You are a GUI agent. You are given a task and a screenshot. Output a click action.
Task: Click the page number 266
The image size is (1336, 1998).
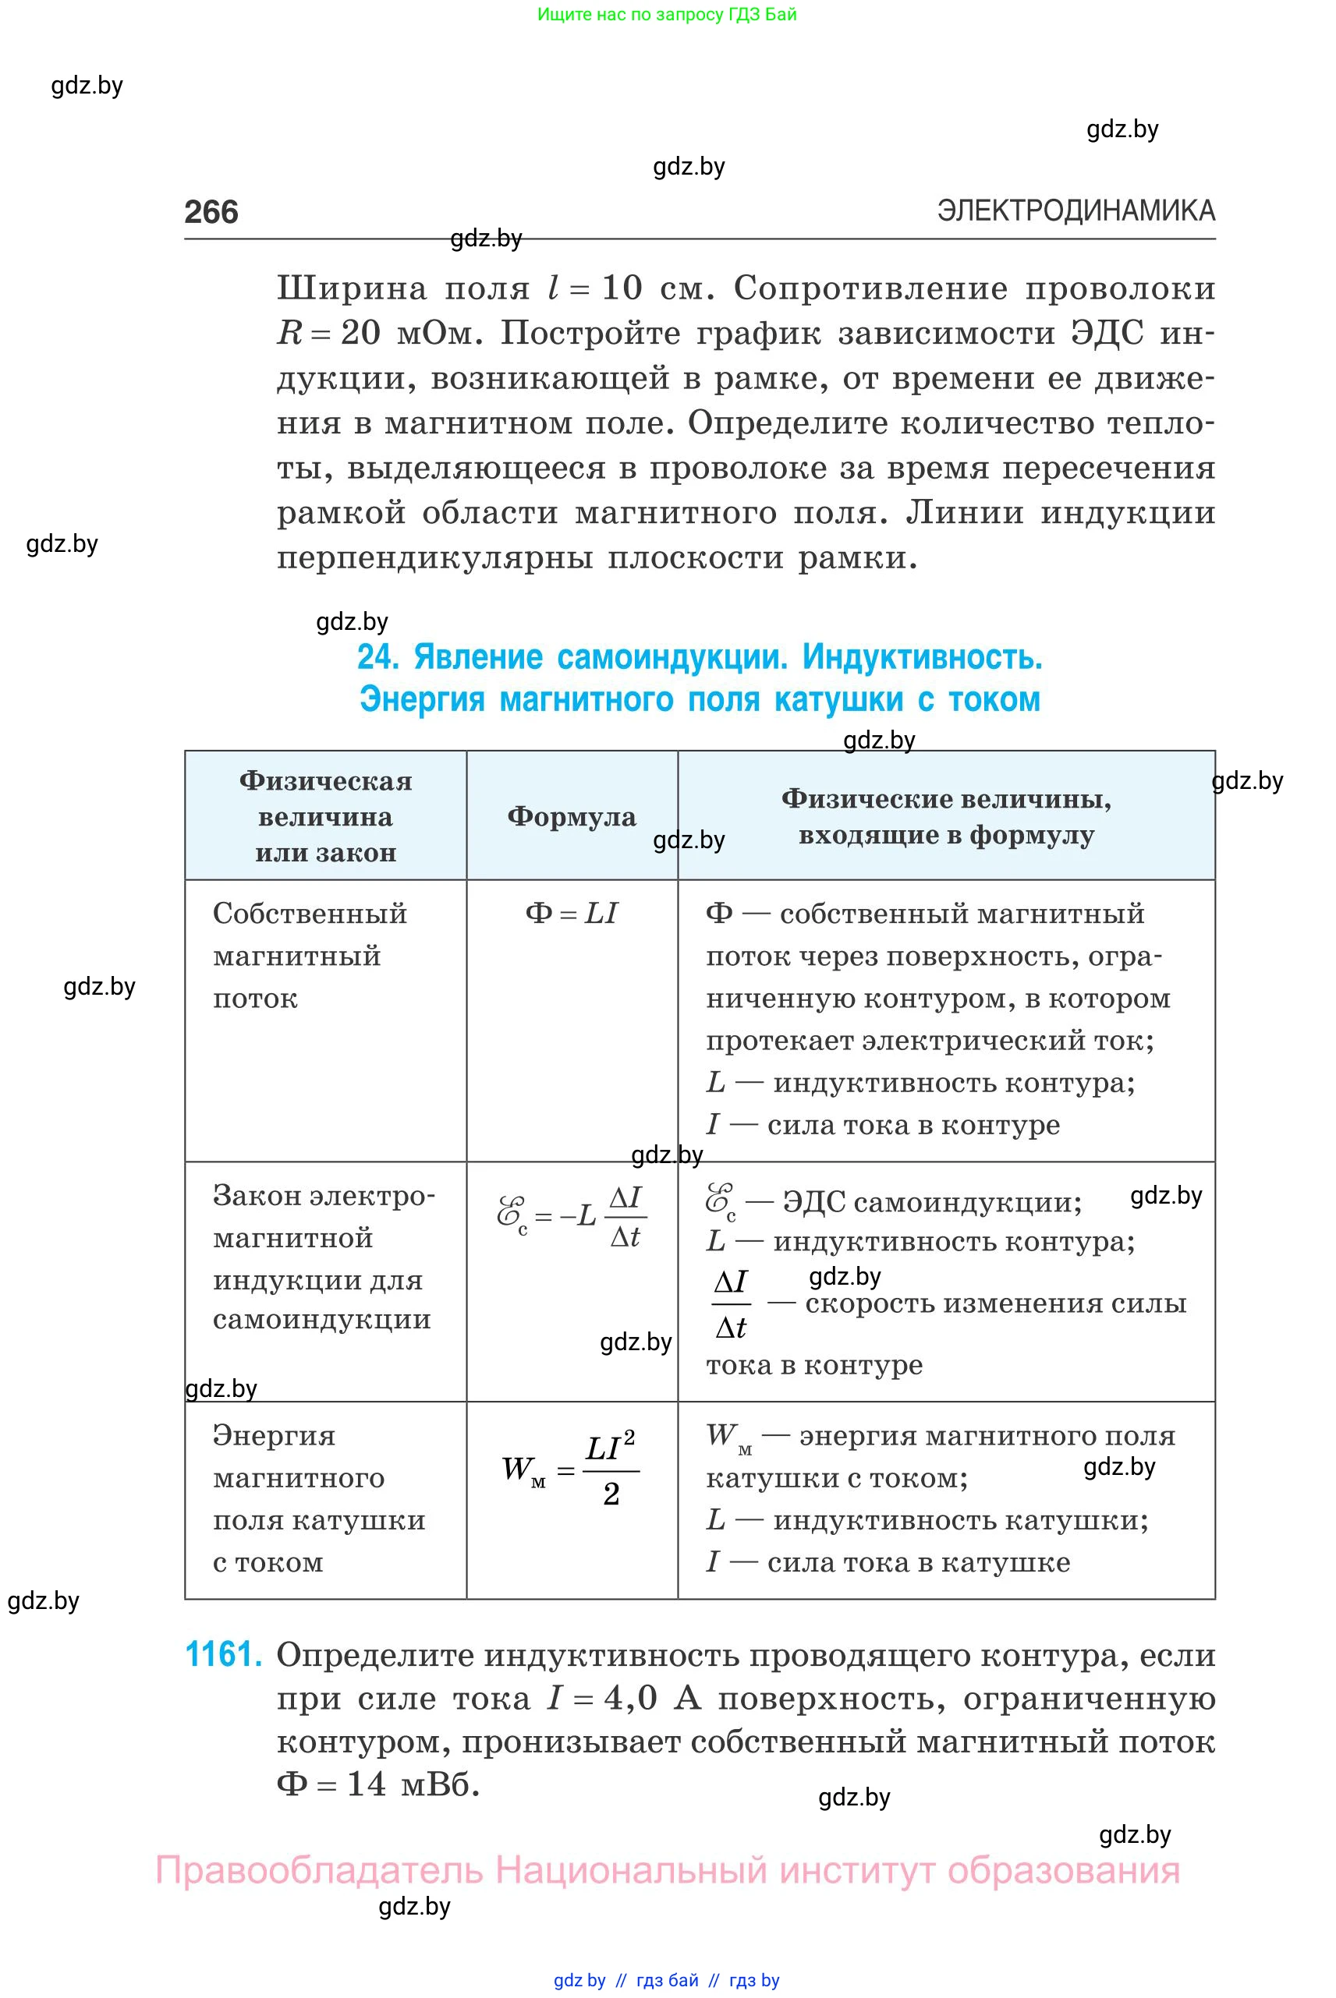(211, 212)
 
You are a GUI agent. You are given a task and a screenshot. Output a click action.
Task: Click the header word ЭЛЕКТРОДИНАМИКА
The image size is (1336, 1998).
(1076, 210)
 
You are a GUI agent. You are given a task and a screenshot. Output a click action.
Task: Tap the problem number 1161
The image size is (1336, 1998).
(222, 1654)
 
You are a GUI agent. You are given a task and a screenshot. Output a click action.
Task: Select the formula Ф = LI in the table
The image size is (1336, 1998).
(571, 913)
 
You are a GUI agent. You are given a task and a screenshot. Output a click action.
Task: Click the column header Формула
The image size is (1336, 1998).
(571, 817)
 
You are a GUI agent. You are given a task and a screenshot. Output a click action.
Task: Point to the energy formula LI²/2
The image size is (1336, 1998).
(611, 1469)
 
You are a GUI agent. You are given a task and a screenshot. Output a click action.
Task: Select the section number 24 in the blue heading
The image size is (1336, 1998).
(377, 657)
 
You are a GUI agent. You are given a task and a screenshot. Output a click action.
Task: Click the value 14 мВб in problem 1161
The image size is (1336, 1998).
(407, 1784)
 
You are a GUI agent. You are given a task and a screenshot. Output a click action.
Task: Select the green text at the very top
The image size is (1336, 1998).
(666, 15)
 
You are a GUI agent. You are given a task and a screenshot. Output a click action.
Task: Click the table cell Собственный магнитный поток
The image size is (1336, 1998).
(310, 955)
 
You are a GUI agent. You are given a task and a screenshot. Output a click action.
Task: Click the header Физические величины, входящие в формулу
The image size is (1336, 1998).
(946, 817)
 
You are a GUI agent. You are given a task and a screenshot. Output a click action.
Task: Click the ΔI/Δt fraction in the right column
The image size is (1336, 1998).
(730, 1304)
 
